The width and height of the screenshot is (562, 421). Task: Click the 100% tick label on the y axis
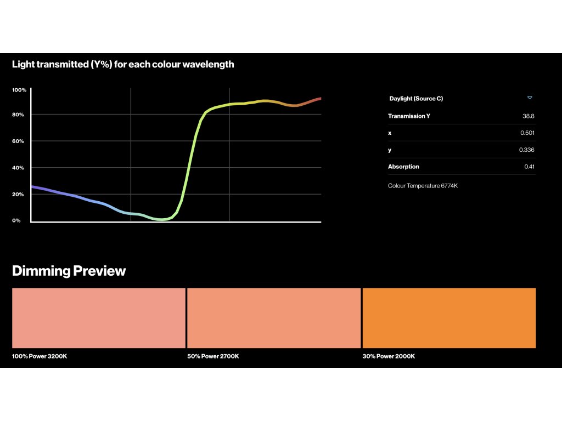pyautogui.click(x=19, y=90)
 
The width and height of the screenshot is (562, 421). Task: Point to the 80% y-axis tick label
pyautogui.click(x=18, y=115)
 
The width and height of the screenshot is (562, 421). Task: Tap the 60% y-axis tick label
pyautogui.click(x=18, y=141)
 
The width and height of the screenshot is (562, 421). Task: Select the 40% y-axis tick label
pyautogui.click(x=18, y=168)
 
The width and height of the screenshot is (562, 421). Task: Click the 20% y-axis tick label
pyautogui.click(x=18, y=195)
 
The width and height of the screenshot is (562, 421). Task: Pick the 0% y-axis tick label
pyautogui.click(x=16, y=220)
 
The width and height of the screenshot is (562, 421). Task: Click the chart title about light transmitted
pyautogui.click(x=123, y=65)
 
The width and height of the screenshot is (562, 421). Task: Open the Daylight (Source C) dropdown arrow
pyautogui.click(x=530, y=98)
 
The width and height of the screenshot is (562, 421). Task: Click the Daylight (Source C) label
pyautogui.click(x=416, y=99)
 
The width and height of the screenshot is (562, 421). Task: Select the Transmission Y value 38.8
pyautogui.click(x=529, y=116)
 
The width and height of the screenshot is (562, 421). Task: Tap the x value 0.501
pyautogui.click(x=527, y=133)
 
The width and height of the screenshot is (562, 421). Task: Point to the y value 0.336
pyautogui.click(x=526, y=150)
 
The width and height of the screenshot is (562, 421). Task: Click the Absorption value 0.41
pyautogui.click(x=530, y=167)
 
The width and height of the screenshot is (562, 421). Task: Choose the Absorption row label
pyautogui.click(x=403, y=167)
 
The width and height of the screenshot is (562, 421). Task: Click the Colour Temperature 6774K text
pyautogui.click(x=423, y=186)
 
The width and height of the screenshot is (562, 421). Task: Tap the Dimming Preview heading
pyautogui.click(x=69, y=271)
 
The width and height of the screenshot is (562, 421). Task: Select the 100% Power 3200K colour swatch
pyautogui.click(x=99, y=318)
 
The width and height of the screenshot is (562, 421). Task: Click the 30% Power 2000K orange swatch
pyautogui.click(x=449, y=318)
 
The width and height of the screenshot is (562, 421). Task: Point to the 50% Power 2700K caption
pyautogui.click(x=213, y=356)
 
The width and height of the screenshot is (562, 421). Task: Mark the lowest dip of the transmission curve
pyautogui.click(x=161, y=219)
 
